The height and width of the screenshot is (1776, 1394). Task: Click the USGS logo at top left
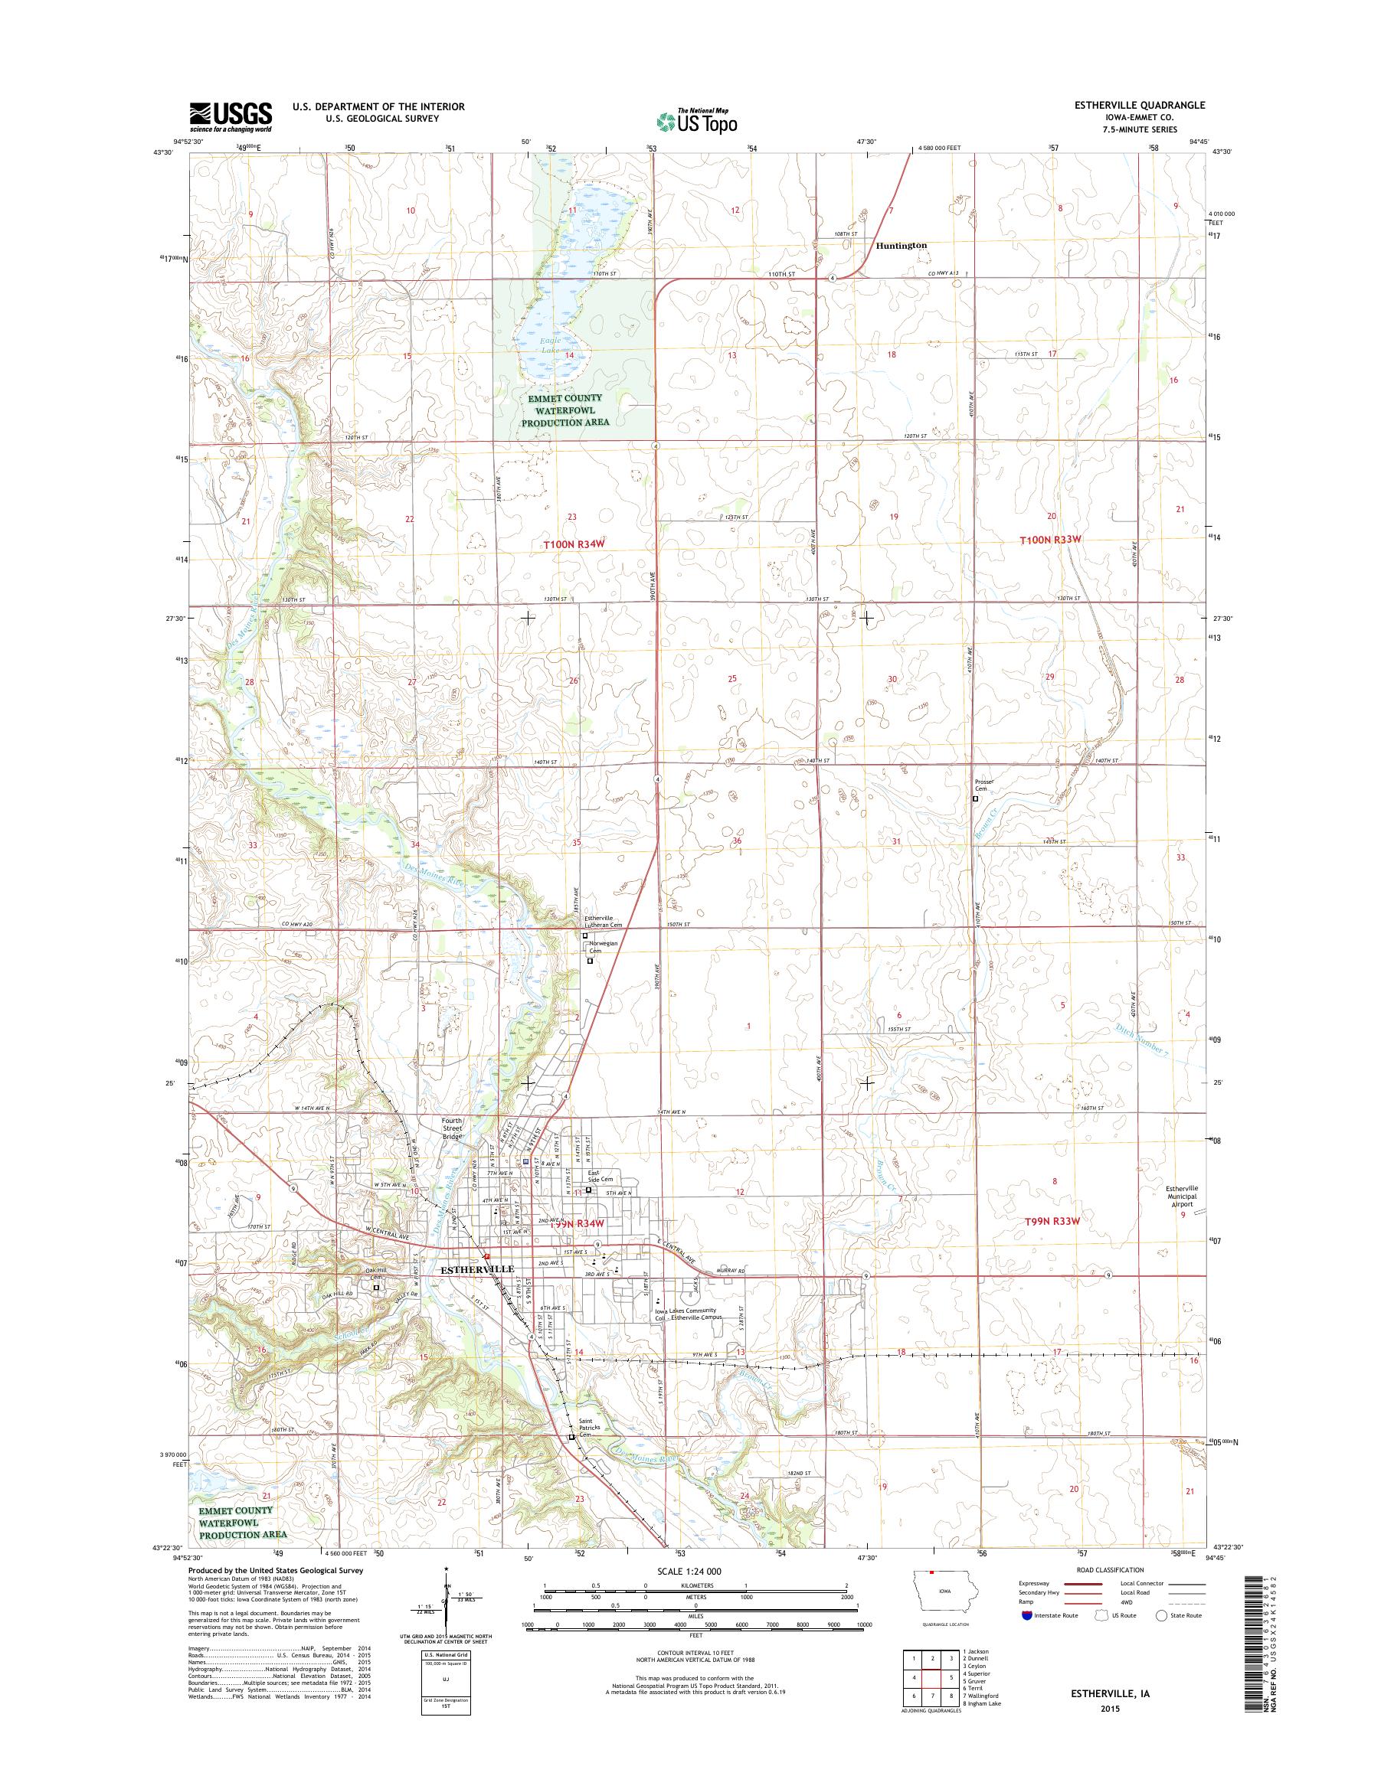231,116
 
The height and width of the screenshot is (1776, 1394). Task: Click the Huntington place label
901,245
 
